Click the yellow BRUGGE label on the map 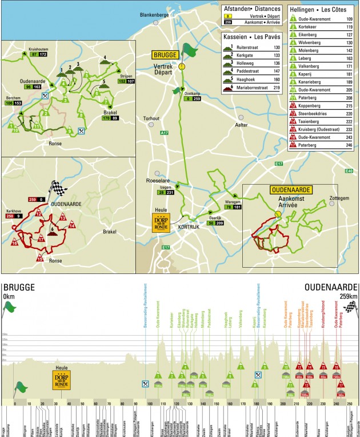coord(165,55)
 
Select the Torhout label coord(151,118)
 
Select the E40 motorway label coord(349,170)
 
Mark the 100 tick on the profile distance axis coord(150,403)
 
